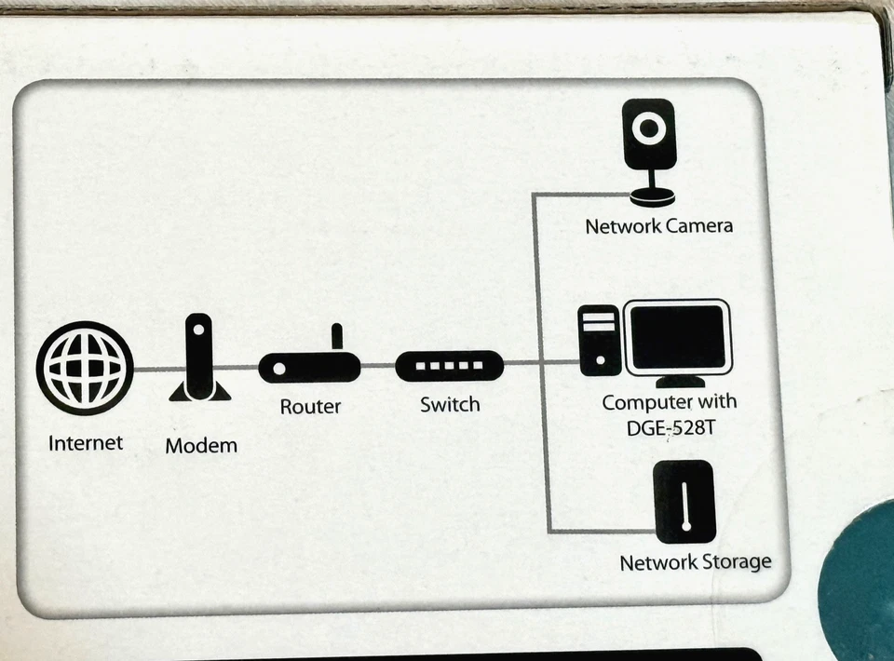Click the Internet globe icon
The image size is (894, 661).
(85, 368)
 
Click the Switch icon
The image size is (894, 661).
(449, 366)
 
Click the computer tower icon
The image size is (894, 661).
(599, 341)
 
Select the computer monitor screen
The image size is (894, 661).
(677, 337)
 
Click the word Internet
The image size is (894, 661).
(86, 442)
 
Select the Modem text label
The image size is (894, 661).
(201, 446)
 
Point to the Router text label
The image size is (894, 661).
(310, 407)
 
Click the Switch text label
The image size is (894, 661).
(450, 405)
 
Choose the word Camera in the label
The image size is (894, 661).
(698, 226)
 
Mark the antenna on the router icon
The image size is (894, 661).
(337, 335)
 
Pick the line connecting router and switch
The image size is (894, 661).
(378, 366)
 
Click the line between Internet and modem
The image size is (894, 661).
(155, 369)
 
